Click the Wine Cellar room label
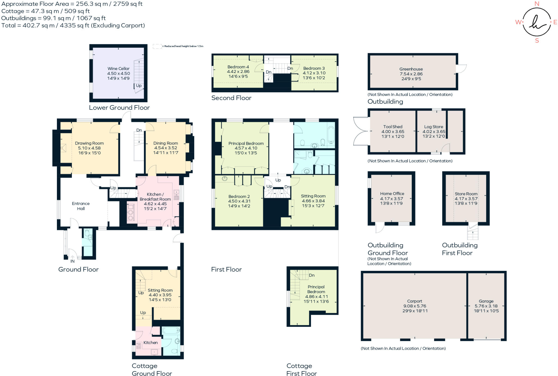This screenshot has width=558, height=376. pyautogui.click(x=118, y=69)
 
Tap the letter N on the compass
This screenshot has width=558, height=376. pyautogui.click(x=537, y=4)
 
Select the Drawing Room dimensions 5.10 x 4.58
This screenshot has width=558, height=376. pyautogui.click(x=89, y=148)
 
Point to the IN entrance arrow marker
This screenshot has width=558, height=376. pyautogui.click(x=72, y=257)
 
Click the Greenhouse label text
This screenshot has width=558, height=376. pyautogui.click(x=411, y=69)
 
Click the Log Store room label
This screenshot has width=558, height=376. pyautogui.click(x=433, y=127)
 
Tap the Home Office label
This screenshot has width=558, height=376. pyautogui.click(x=392, y=194)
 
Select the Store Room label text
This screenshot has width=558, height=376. pyautogui.click(x=466, y=194)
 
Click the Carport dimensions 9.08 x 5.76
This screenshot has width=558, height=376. pyautogui.click(x=415, y=306)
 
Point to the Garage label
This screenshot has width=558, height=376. pyautogui.click(x=486, y=301)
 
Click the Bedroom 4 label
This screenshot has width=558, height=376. pyautogui.click(x=238, y=67)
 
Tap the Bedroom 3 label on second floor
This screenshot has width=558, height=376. pyautogui.click(x=314, y=68)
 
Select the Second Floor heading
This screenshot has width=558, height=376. pyautogui.click(x=231, y=98)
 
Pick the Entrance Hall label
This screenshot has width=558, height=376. pyautogui.click(x=81, y=206)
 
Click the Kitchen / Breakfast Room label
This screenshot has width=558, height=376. pyautogui.click(x=155, y=197)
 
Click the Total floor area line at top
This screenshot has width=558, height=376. pyautogui.click(x=73, y=25)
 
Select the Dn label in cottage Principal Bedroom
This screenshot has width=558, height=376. pyautogui.click(x=312, y=275)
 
